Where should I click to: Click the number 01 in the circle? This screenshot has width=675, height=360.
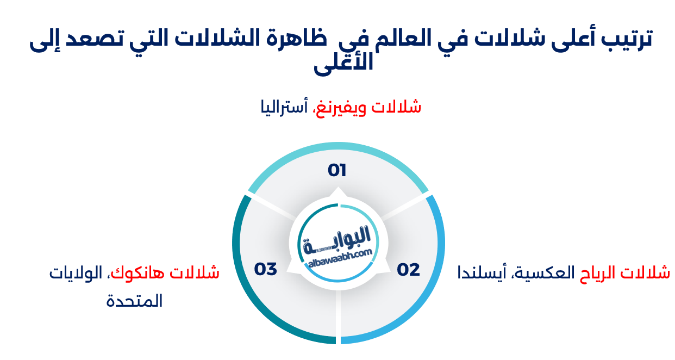[337, 170]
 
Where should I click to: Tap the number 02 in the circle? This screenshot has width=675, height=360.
[408, 270]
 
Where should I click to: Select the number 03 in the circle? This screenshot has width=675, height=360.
[266, 269]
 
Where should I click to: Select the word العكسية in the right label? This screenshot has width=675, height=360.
[544, 272]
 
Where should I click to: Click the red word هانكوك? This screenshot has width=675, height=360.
[142, 272]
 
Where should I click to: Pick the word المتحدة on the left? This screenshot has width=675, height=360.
[134, 301]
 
